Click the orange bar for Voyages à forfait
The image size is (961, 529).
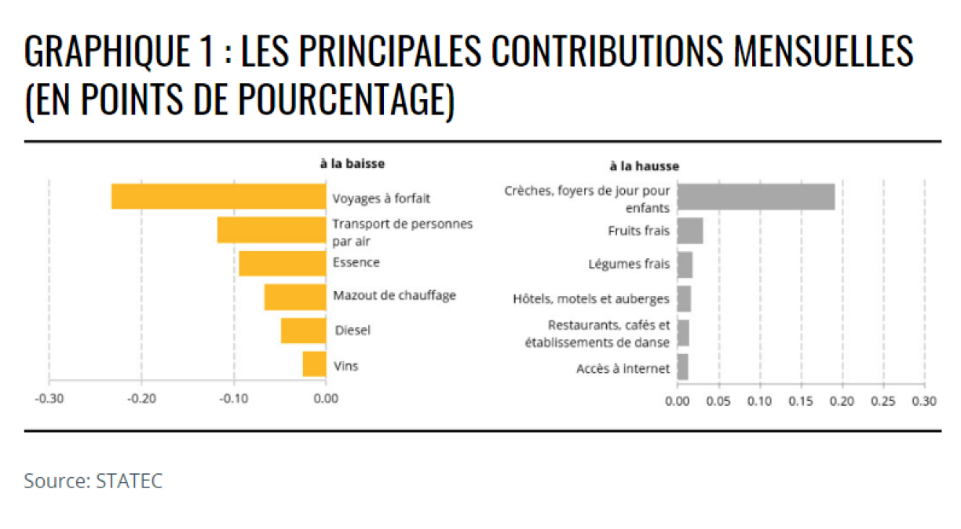218,196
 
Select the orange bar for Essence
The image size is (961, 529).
282,264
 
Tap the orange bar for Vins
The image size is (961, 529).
314,364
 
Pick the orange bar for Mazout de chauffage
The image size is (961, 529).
295,297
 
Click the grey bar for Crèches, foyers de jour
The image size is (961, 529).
755,196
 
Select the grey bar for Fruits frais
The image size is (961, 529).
690,231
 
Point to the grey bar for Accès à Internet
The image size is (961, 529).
682,367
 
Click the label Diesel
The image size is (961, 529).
353,330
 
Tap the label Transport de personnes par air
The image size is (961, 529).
403,232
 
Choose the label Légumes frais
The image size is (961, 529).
629,264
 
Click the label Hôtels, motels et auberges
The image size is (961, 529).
590,299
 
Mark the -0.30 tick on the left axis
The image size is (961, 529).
49,399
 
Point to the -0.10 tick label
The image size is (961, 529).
233,399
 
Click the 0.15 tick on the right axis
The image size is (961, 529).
801,401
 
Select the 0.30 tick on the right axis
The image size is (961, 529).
924,401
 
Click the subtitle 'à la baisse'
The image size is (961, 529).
352,163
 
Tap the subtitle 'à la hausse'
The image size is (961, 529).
644,166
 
